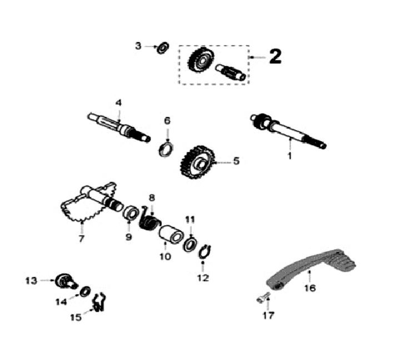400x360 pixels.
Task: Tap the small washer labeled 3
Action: [x=163, y=47]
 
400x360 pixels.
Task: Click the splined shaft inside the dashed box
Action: [x=232, y=71]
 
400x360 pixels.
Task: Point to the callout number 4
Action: [x=118, y=103]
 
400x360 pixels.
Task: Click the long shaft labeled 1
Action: [x=288, y=132]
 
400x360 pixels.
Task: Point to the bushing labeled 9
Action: [x=131, y=213]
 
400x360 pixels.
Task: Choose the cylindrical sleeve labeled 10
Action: [x=171, y=234]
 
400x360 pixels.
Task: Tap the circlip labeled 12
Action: [x=203, y=251]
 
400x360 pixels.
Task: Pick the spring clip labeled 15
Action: [x=99, y=303]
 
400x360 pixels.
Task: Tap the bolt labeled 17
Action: [x=263, y=298]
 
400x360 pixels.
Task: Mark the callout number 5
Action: [x=236, y=162]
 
